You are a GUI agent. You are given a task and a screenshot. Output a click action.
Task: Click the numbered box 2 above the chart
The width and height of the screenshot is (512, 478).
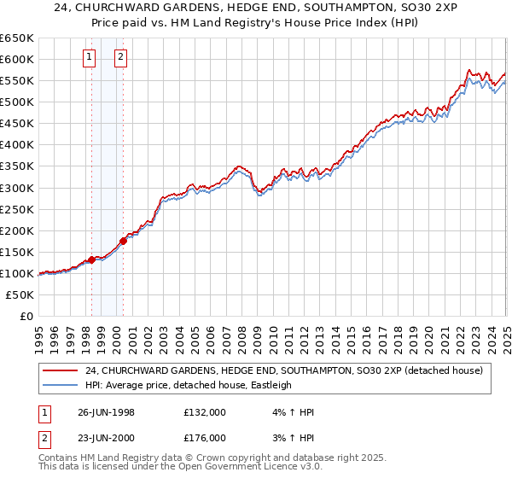(x=121, y=58)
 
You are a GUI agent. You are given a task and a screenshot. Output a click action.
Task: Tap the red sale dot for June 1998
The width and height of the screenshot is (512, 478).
(x=92, y=259)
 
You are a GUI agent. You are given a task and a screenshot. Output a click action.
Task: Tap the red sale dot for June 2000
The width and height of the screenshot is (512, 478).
(x=123, y=241)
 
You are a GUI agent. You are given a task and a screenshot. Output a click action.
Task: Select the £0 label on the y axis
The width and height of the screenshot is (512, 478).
(x=26, y=316)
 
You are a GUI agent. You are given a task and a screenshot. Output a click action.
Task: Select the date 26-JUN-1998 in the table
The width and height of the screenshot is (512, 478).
(x=106, y=412)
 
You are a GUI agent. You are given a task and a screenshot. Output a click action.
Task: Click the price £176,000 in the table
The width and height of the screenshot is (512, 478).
(x=205, y=437)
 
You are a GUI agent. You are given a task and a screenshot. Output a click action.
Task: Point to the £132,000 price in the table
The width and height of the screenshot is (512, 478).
(x=205, y=412)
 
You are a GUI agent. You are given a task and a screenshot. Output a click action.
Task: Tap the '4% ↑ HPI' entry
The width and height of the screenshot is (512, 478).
(x=292, y=412)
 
